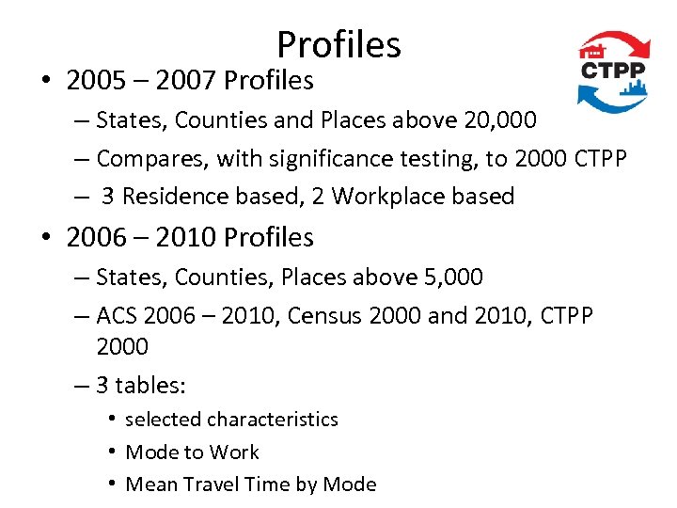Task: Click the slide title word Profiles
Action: [338, 44]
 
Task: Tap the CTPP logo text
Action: [614, 71]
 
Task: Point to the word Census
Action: [325, 315]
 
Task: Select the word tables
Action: [150, 386]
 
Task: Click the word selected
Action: [163, 420]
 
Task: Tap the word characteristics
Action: [272, 420]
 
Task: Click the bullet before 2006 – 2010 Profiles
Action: [48, 238]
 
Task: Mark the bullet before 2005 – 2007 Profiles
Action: [48, 82]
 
